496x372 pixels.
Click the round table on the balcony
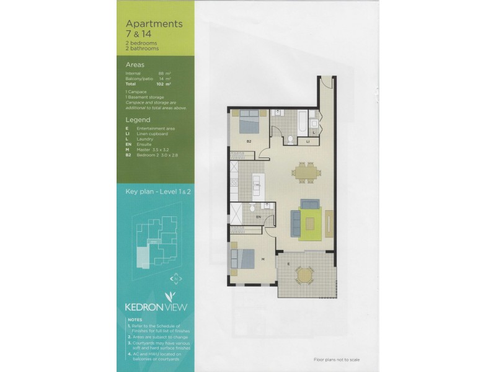[304, 274]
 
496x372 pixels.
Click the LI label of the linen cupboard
[308, 142]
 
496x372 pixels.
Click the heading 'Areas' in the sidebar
[136, 64]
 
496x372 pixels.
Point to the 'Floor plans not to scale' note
[337, 360]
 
